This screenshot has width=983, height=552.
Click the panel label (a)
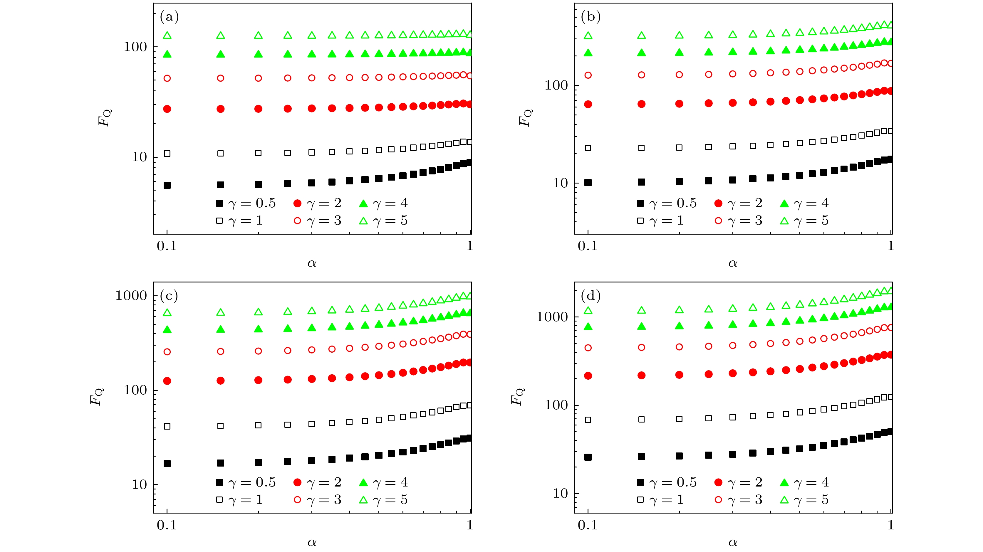169,17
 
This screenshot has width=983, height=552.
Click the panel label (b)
590,17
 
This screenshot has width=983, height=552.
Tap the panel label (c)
169,296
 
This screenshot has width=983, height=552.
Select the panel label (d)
590,296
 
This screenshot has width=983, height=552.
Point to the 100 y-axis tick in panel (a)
135,47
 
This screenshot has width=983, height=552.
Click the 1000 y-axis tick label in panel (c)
131,295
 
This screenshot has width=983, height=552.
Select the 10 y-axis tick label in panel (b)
560,183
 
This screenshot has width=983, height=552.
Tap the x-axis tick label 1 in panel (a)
470,246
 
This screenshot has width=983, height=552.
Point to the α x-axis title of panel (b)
733,263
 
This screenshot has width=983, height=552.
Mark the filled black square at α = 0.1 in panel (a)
167,185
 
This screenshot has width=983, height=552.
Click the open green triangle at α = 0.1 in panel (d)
588,311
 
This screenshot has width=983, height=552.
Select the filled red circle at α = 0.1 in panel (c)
167,381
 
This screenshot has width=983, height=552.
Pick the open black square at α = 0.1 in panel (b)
588,148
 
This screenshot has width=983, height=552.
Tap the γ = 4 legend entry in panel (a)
383,203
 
